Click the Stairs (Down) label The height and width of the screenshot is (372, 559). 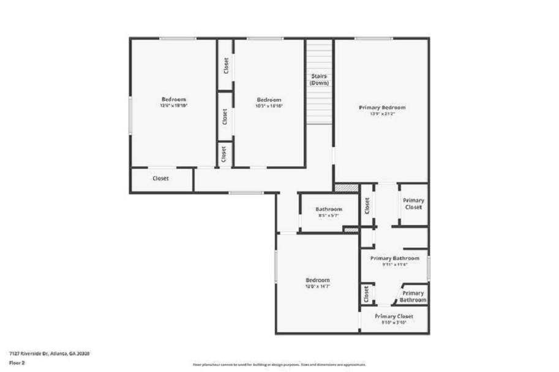[319, 79]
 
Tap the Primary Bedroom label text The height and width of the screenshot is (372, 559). [382, 108]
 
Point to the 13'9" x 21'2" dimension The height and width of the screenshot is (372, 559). [382, 114]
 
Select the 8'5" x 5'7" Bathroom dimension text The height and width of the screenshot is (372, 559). [329, 215]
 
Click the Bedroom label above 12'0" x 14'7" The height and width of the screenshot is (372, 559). [317, 280]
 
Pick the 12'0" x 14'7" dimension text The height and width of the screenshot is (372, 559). [317, 286]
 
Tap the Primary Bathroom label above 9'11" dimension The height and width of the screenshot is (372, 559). [395, 258]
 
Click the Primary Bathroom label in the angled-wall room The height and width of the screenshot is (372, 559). [413, 297]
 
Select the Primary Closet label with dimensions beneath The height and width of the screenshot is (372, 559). [394, 316]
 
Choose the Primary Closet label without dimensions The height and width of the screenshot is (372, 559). [413, 204]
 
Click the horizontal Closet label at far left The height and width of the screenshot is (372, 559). [160, 179]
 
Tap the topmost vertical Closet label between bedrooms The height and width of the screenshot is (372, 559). [226, 65]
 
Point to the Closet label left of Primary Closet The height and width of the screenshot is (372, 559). [367, 206]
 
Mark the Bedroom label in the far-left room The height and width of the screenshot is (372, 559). [173, 100]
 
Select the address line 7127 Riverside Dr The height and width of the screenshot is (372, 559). [50, 353]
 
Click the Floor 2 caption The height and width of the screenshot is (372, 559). [18, 362]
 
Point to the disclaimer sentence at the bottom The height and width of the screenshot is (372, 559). [279, 365]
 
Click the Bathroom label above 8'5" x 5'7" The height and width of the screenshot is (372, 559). [329, 209]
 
